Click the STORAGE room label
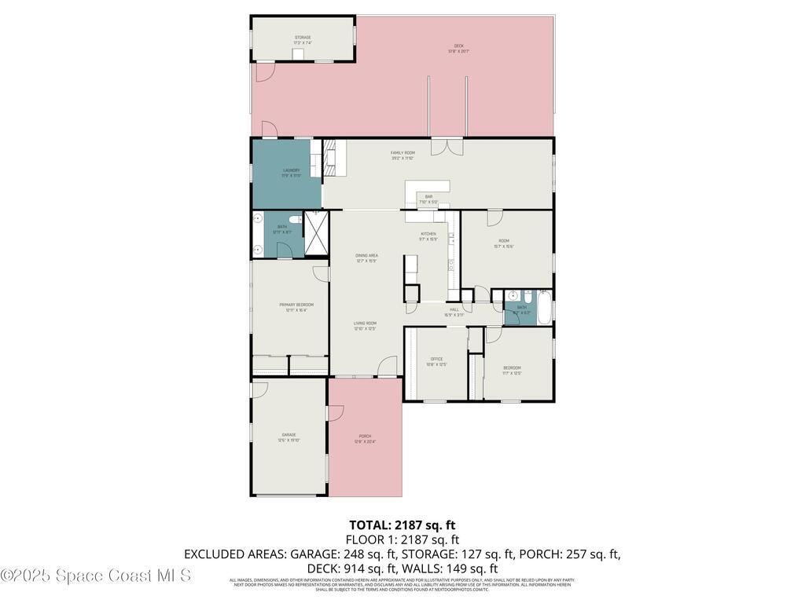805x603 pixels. [303, 38]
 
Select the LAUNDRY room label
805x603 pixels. [291, 170]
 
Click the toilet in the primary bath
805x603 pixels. [294, 221]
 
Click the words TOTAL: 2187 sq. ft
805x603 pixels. [402, 524]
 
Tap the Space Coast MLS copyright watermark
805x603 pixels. [96, 576]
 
